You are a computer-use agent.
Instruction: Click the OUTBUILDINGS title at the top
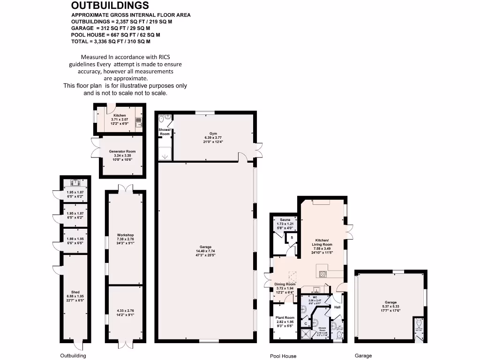point(110,6)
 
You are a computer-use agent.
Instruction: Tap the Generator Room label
point(122,152)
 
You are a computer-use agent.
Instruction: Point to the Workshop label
point(126,235)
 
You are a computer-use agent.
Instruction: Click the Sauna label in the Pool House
point(285,219)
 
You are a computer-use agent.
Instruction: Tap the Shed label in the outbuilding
point(75,292)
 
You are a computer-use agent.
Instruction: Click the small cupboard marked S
point(292,238)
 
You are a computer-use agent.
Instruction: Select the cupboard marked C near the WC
point(306,323)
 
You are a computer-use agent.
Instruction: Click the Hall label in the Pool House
point(337,307)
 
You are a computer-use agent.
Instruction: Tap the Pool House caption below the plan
point(283,356)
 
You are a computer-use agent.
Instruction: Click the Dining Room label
point(285,284)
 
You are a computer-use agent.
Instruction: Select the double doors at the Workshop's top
point(125,188)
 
